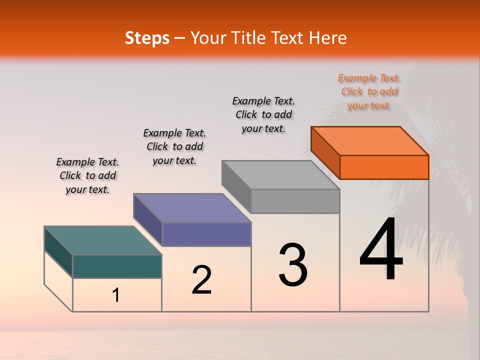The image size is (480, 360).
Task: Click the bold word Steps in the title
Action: [147, 38]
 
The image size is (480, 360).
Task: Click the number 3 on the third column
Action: [293, 265]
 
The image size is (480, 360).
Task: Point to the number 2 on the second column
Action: [201, 280]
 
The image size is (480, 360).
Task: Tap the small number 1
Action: [116, 295]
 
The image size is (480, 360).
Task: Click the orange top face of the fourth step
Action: [369, 140]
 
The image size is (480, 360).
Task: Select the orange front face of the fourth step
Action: [384, 167]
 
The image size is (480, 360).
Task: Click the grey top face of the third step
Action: [280, 175]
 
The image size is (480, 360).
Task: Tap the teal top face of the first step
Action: [103, 240]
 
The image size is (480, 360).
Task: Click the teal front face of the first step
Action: [117, 266]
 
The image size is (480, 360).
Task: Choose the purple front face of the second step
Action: [206, 234]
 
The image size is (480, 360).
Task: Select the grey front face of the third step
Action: [295, 201]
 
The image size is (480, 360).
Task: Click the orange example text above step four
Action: [369, 91]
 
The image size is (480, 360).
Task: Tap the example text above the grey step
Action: [263, 114]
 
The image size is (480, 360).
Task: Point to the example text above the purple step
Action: [174, 146]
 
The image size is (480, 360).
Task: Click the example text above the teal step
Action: [87, 175]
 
